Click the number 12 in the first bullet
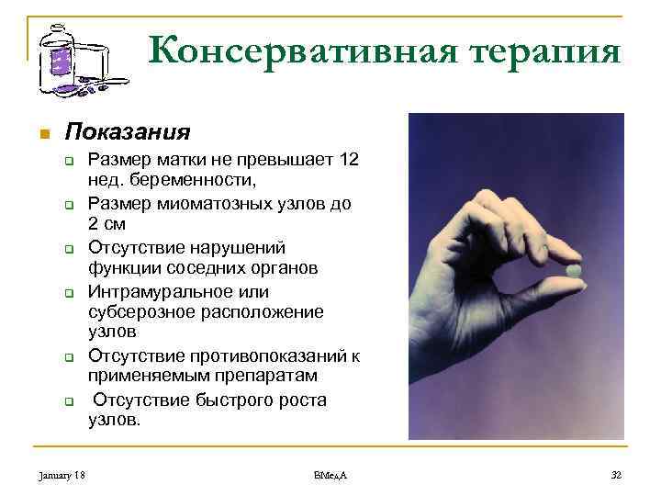(348, 160)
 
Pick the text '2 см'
(106, 223)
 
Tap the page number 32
(616, 474)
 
